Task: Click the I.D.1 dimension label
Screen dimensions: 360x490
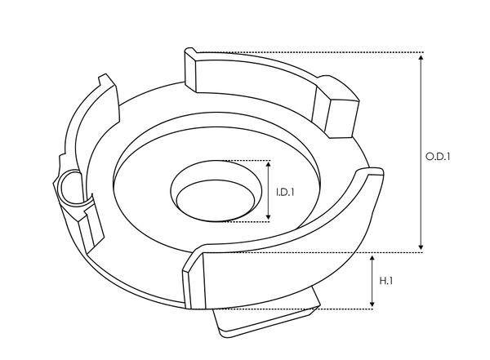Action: [x=285, y=193]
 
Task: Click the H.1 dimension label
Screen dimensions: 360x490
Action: [x=387, y=281]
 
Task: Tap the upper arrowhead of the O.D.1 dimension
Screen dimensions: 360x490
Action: [x=421, y=57]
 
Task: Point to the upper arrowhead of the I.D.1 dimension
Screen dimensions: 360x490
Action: [x=269, y=165]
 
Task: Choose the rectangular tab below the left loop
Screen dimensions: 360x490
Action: [x=88, y=224]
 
